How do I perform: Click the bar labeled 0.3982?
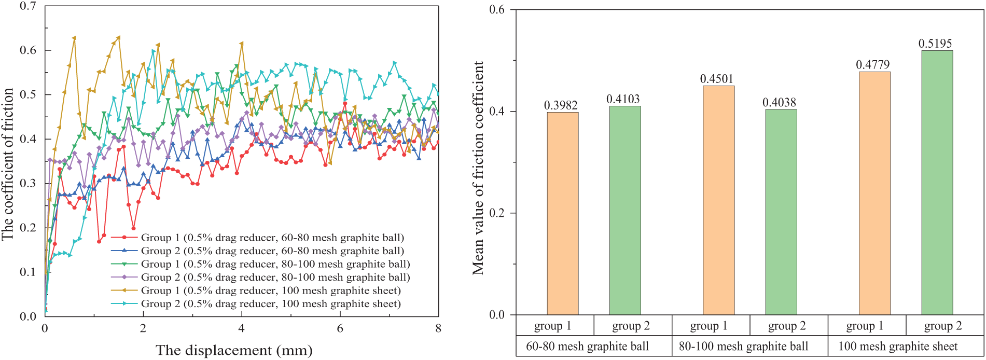[x=563, y=213]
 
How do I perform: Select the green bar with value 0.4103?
[x=625, y=210]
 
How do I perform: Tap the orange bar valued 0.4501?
[x=718, y=200]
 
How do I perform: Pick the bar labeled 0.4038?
[x=781, y=212]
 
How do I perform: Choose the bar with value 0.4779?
[x=874, y=193]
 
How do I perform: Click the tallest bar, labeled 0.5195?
[x=937, y=183]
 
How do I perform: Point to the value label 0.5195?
[x=935, y=44]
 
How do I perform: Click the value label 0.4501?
[x=717, y=79]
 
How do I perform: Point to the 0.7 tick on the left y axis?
[x=28, y=6]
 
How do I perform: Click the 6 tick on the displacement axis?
[x=340, y=328]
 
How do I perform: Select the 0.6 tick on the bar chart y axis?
[x=497, y=10]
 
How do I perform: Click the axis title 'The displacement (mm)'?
[x=234, y=351]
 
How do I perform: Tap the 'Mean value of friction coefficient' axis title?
[x=478, y=168]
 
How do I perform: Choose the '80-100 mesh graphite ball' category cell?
[x=743, y=347]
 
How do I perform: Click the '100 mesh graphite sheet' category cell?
[x=898, y=347]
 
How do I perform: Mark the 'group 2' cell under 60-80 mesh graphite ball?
[x=631, y=326]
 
